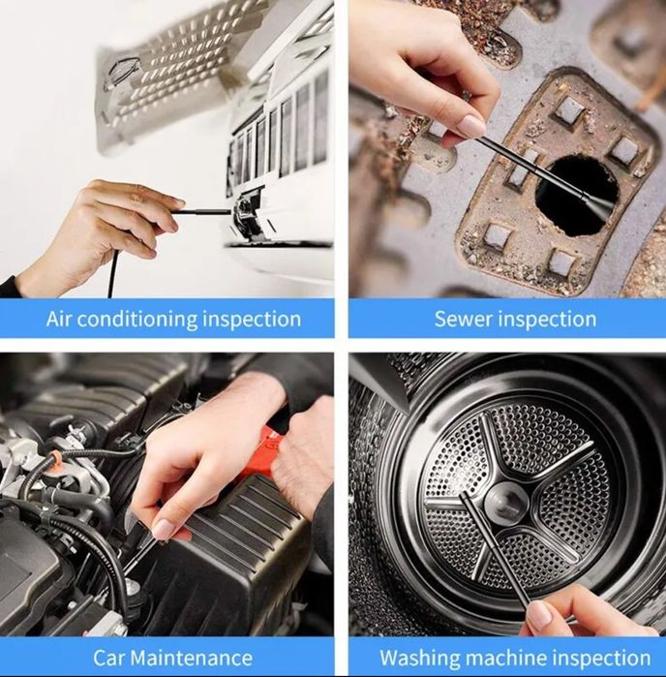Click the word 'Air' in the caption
tap(59, 319)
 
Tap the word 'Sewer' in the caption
tap(463, 320)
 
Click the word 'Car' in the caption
tap(108, 658)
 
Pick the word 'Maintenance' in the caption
tap(192, 658)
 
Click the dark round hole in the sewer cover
tap(575, 195)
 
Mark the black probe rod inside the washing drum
tap(495, 551)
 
